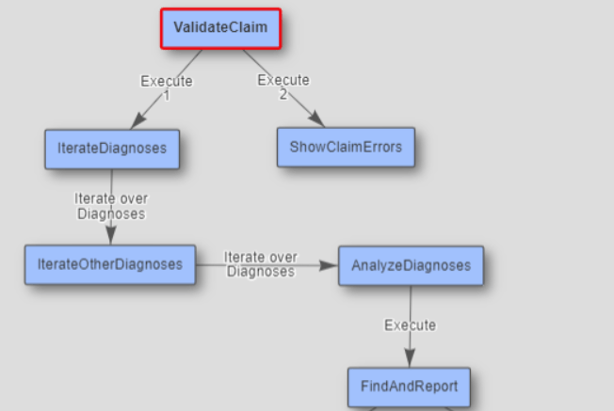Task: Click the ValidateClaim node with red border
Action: (x=220, y=28)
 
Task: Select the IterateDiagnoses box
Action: (x=112, y=149)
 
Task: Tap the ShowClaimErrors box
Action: (x=346, y=147)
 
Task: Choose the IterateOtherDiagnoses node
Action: (x=110, y=264)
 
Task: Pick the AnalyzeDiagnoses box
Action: (x=411, y=265)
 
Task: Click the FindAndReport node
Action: (x=409, y=386)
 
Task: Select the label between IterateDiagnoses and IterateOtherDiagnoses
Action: (x=111, y=206)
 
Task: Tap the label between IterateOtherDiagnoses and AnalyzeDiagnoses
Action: (x=261, y=264)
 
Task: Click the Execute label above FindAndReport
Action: (x=411, y=325)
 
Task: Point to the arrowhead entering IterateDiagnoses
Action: (x=137, y=121)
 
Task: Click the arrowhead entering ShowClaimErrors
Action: (x=317, y=119)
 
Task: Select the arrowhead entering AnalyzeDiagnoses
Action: (x=329, y=266)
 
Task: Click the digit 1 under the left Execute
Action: (x=167, y=95)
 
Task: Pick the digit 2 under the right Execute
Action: (x=283, y=94)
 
